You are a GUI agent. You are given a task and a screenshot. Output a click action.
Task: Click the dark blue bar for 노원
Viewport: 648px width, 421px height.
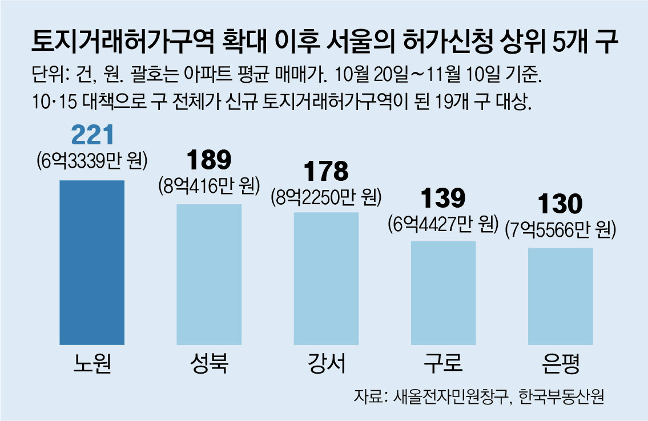(92, 262)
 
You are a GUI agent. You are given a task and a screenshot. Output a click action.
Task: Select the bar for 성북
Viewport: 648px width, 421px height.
(209, 274)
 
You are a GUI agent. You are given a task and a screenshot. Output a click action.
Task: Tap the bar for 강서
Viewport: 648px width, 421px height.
(326, 278)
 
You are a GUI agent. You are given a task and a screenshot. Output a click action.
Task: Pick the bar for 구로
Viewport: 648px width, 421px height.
(443, 293)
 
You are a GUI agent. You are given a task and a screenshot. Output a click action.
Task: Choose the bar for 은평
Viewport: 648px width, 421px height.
(560, 296)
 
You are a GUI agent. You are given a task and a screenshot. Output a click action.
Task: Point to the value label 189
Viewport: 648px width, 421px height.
(209, 161)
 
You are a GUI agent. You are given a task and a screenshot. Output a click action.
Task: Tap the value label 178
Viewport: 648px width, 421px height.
(326, 172)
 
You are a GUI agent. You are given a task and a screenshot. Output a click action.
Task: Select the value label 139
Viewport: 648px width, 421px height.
(443, 199)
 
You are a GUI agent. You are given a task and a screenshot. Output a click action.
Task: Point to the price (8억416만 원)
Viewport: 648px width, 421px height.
(209, 185)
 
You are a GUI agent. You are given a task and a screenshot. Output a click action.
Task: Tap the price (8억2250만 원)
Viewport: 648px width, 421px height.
(326, 196)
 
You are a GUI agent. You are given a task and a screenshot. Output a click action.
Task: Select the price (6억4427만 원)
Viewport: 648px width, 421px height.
(443, 223)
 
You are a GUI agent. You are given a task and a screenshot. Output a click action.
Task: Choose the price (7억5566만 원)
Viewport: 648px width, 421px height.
(560, 229)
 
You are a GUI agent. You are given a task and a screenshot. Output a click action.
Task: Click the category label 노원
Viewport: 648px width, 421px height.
(92, 363)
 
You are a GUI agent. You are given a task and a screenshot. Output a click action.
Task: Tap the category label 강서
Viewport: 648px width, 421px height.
(326, 363)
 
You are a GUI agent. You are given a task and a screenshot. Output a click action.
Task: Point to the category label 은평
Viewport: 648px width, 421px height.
(560, 363)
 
